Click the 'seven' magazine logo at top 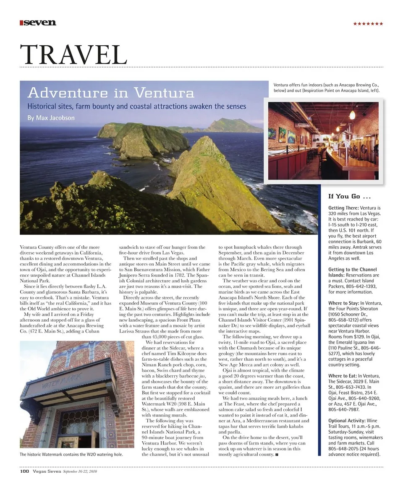(38, 23)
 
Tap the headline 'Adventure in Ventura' (111, 93)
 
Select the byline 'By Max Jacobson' (51, 118)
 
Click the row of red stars (368, 23)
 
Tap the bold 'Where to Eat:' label (343, 376)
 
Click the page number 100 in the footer (24, 472)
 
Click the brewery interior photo (323, 141)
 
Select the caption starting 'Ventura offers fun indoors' (327, 87)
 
